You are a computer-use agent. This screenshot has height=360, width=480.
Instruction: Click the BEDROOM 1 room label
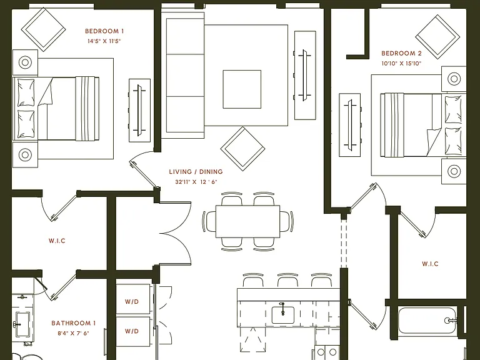pos(104,31)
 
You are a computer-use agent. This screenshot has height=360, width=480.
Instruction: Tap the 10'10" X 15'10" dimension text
pos(401,64)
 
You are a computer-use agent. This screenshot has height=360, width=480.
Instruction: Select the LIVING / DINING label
pos(196,172)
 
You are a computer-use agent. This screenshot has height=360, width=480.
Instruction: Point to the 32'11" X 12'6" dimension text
pos(196,182)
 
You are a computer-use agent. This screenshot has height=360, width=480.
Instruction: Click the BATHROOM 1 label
pos(74,323)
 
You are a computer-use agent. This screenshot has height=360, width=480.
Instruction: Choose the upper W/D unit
pos(133,299)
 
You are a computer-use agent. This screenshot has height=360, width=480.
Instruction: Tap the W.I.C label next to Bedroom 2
pos(430,264)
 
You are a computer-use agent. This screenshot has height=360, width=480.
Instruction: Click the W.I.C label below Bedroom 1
pos(57,241)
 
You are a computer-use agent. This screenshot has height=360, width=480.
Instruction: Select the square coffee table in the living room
pos(242,89)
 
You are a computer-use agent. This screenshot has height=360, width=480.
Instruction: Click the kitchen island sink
pos(283,315)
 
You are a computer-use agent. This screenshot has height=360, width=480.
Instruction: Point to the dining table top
pos(247,221)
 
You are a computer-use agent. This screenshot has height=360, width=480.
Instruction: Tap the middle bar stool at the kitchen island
pos(287,280)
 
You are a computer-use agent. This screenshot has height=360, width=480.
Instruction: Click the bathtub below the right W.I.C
pos(427,321)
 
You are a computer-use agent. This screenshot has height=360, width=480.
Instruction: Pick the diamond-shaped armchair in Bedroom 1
pos(43,30)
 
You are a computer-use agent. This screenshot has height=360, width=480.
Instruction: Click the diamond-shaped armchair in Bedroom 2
pos(437,37)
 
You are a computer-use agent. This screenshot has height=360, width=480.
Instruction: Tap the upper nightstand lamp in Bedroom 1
pos(25,62)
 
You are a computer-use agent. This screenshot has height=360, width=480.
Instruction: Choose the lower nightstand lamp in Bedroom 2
pos(454,171)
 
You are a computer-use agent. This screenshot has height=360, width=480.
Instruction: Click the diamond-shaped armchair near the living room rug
pos(242,149)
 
